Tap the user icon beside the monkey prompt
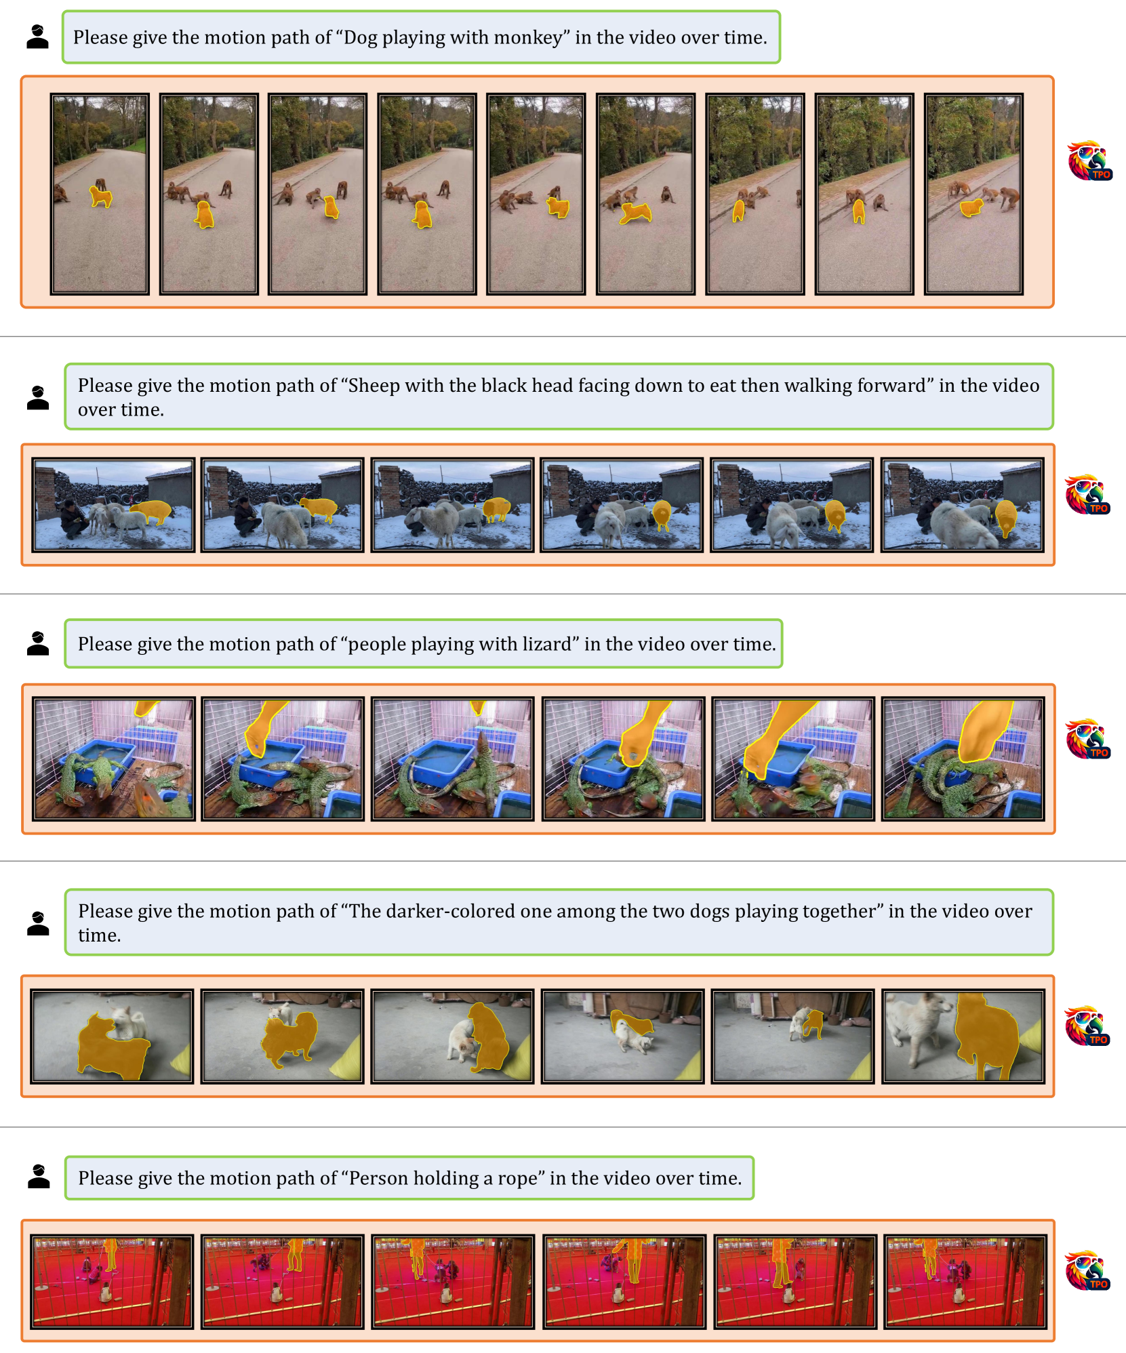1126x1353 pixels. click(x=37, y=37)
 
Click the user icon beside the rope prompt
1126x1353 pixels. click(x=39, y=1177)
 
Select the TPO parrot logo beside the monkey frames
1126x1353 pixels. click(x=1089, y=161)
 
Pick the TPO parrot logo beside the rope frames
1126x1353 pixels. click(x=1087, y=1271)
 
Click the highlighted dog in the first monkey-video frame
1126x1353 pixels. click(x=101, y=197)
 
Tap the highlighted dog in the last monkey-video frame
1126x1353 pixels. click(x=971, y=207)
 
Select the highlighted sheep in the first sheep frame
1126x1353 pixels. click(x=150, y=510)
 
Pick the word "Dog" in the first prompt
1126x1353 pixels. click(x=361, y=38)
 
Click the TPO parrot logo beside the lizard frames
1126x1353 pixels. click(x=1087, y=740)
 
